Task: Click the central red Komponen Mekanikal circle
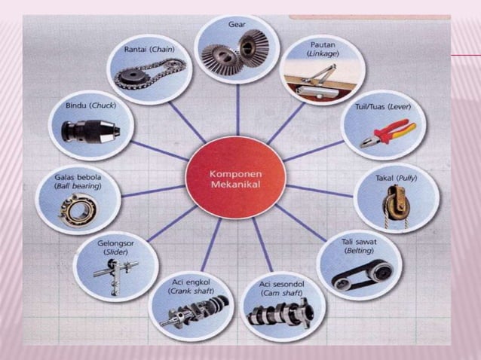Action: click(x=236, y=178)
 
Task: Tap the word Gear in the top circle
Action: click(x=237, y=24)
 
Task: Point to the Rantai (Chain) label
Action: click(x=149, y=49)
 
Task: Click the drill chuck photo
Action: click(x=90, y=132)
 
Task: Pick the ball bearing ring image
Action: click(x=78, y=210)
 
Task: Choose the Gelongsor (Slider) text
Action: click(x=115, y=248)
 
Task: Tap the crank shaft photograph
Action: click(x=195, y=310)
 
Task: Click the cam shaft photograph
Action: click(x=280, y=314)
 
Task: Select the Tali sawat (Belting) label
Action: click(x=359, y=246)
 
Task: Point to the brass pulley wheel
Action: click(x=396, y=204)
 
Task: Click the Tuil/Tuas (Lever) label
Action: click(x=383, y=107)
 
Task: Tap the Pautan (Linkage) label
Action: click(x=323, y=49)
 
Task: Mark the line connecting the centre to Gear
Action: click(x=237, y=110)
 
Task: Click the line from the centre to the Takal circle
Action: click(x=320, y=191)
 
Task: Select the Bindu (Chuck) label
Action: click(x=90, y=105)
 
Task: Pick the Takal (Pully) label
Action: click(x=397, y=178)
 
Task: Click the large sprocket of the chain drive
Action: click(x=132, y=76)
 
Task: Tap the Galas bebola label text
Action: click(x=78, y=177)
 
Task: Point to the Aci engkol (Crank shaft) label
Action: click(x=191, y=286)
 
